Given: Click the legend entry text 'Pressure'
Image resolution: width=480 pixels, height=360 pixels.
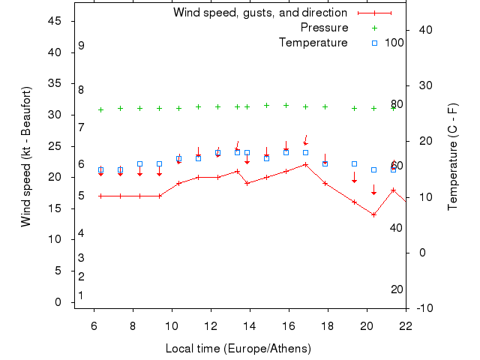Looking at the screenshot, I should point(324,28).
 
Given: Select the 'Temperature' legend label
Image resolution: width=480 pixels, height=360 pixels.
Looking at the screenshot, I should point(313,43).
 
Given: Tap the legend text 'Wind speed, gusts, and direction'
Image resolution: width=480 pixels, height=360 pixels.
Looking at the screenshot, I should point(259,13).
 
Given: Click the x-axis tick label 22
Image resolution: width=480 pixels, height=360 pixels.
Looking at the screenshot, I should point(406,325).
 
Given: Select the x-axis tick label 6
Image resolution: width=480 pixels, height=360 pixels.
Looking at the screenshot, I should point(94,325).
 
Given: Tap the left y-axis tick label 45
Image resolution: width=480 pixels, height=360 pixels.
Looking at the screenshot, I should point(55,21).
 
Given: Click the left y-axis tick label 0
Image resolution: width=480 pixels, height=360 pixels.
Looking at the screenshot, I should point(58,302).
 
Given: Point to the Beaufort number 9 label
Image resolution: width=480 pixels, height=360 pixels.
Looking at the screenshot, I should point(81,46).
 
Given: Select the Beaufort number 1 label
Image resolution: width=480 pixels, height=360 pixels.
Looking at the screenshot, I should point(81,295).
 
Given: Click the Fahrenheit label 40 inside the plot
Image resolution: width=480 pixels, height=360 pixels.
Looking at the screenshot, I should point(397,227).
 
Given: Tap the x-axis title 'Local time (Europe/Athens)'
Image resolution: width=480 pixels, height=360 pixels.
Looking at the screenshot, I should point(238,349).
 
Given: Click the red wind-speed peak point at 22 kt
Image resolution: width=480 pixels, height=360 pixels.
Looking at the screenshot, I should point(305,164).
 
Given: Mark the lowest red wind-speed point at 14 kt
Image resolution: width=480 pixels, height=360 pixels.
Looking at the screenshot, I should point(373,214).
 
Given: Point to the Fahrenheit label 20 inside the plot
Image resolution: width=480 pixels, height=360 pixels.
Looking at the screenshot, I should point(397,289).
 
